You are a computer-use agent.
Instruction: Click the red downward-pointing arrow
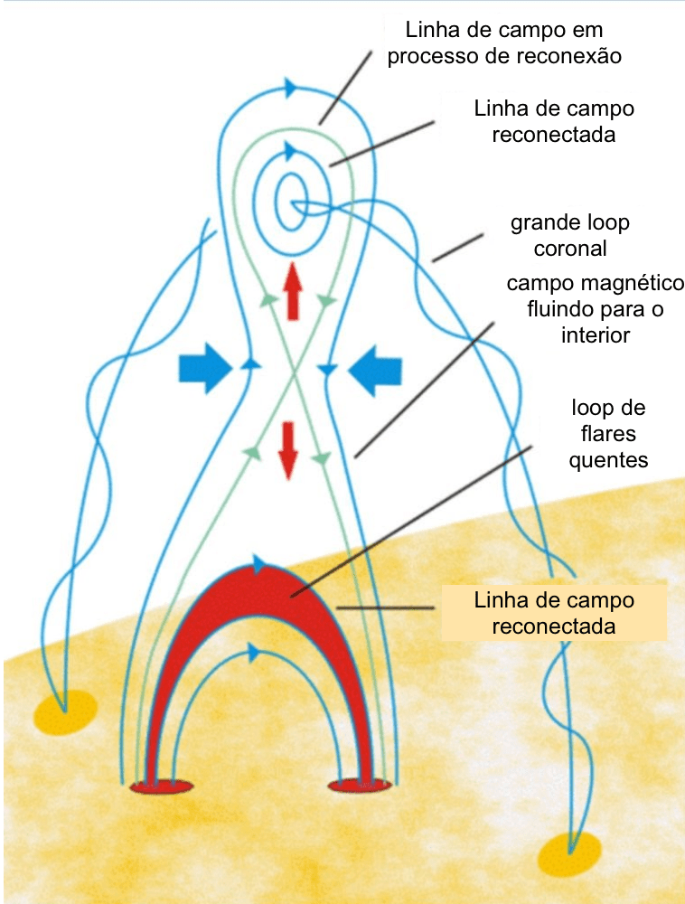pos(288,448)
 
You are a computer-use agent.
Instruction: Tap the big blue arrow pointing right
pos(205,367)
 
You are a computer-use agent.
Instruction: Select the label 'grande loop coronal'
pos(570,234)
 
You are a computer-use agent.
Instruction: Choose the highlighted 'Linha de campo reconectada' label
pos(555,612)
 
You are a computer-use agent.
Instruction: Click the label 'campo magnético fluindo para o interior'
pos(595,309)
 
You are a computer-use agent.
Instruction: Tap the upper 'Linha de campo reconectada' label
pos(554,121)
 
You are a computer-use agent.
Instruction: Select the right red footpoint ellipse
pos(360,785)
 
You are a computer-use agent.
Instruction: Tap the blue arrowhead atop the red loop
pos(261,566)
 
